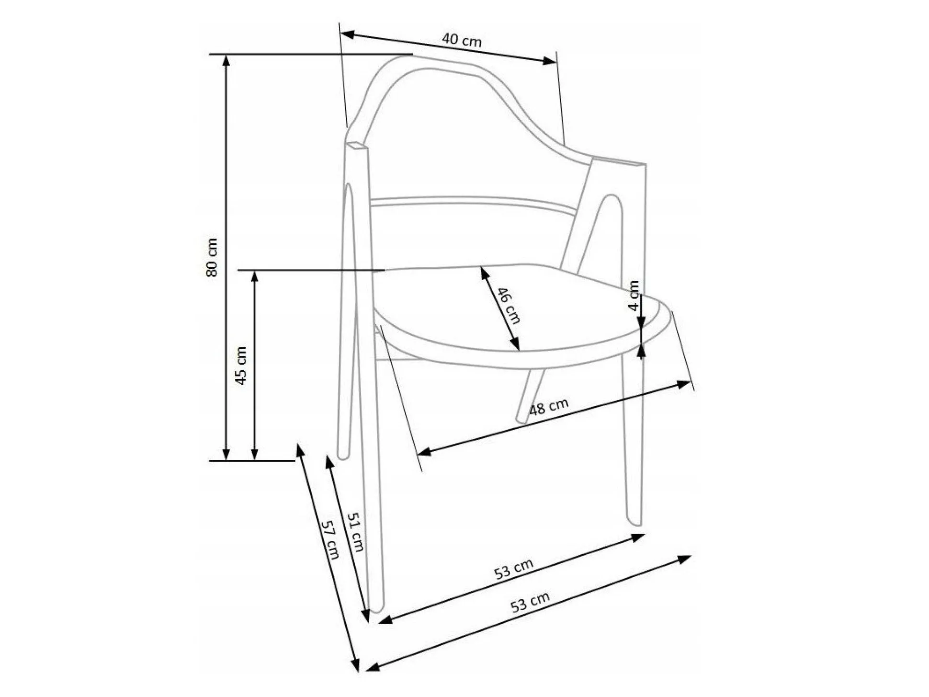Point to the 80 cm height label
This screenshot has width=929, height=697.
pyautogui.click(x=212, y=257)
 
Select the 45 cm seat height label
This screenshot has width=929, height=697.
pyautogui.click(x=240, y=366)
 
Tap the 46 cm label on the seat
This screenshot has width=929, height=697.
pyautogui.click(x=509, y=306)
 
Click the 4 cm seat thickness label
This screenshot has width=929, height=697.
pyautogui.click(x=634, y=296)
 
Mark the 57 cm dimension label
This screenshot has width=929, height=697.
pyautogui.click(x=330, y=539)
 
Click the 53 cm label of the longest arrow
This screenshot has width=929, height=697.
pyautogui.click(x=530, y=602)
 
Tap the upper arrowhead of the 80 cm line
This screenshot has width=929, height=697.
pyautogui.click(x=227, y=60)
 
